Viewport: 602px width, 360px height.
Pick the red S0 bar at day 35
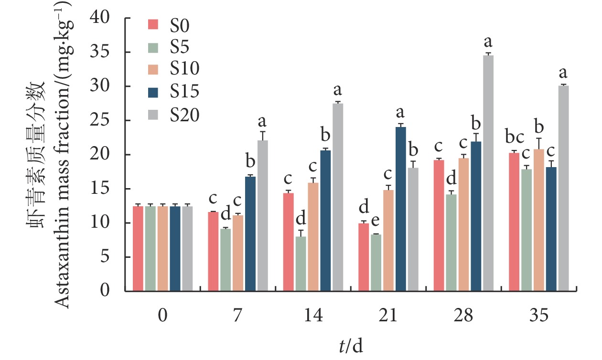pyautogui.click(x=514, y=222)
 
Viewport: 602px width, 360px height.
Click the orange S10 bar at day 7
pyautogui.click(x=238, y=253)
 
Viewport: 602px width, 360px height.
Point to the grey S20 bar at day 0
pyautogui.click(x=187, y=249)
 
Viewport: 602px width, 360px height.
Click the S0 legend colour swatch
pyautogui.click(x=153, y=24)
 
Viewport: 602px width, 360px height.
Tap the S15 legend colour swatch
pyautogui.click(x=153, y=92)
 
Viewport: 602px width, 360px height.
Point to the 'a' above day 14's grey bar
pyautogui.click(x=338, y=89)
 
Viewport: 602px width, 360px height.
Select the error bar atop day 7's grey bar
pyautogui.click(x=263, y=135)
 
